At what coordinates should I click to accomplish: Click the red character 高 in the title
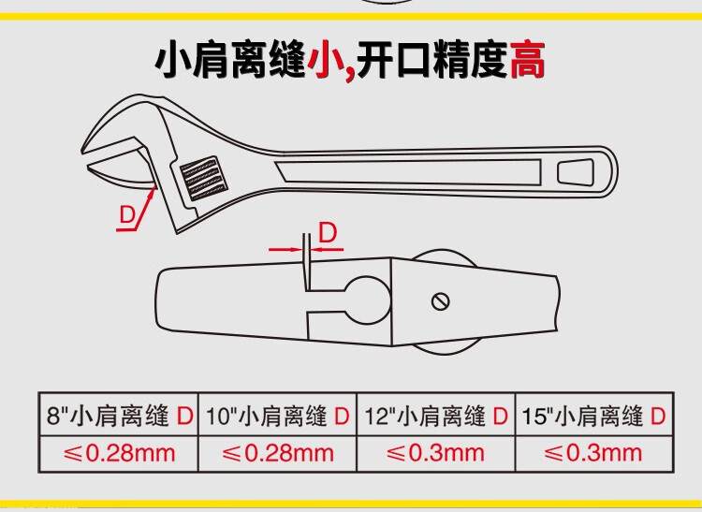528,60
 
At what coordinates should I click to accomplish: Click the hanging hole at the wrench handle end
576,172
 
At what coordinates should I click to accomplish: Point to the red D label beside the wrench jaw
127,215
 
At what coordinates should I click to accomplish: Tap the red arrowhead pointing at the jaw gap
153,193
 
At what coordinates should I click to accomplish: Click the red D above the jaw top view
328,233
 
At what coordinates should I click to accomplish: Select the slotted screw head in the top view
441,300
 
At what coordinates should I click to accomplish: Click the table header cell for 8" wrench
119,415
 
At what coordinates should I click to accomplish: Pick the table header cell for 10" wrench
277,415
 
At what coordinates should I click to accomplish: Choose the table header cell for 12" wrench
436,415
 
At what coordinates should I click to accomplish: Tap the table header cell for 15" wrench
594,415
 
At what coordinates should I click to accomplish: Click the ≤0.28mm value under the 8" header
119,453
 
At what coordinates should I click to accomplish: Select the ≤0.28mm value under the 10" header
278,453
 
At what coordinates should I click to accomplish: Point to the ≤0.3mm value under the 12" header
435,453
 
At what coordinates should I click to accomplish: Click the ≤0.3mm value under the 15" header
593,453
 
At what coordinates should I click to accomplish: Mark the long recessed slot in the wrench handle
408,172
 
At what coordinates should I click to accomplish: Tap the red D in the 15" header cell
658,417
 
